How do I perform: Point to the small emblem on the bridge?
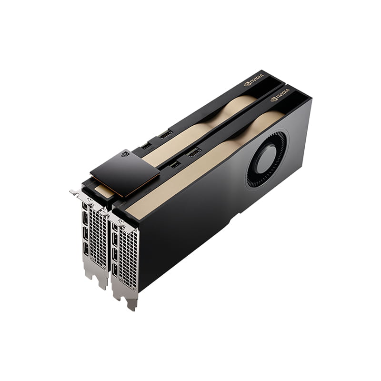pos(125,154)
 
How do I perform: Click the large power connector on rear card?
pos(166,134)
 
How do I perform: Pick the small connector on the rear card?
pos(147,145)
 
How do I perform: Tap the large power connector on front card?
pos(194,153)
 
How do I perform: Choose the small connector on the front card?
pos(175,164)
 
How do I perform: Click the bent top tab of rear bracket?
pos(76,192)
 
